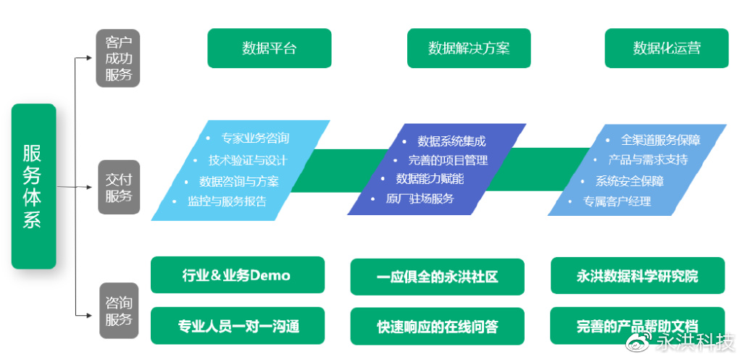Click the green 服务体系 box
(33, 186)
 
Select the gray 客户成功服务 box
(118, 58)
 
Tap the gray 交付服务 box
(119, 187)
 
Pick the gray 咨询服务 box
(119, 310)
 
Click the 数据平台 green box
(269, 49)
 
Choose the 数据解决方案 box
(469, 49)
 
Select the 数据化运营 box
(667, 49)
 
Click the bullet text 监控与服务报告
(227, 201)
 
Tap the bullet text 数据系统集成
(451, 141)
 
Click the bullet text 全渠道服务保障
(660, 140)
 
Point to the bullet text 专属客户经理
(617, 201)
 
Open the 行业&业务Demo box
(237, 275)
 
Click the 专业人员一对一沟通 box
(237, 325)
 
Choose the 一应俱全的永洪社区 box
(437, 277)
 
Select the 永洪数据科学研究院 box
(637, 276)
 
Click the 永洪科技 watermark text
(694, 343)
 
